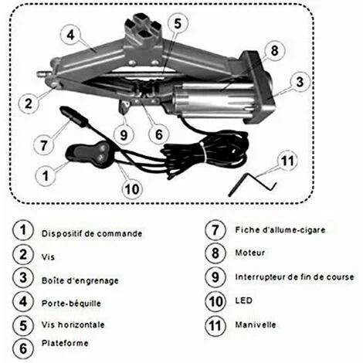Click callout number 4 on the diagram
coord(70,34)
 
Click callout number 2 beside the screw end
coord(28,101)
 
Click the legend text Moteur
coord(252,253)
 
